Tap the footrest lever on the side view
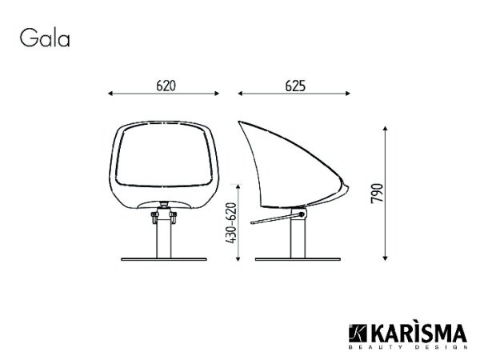[272, 219]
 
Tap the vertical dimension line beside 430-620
[243, 220]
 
